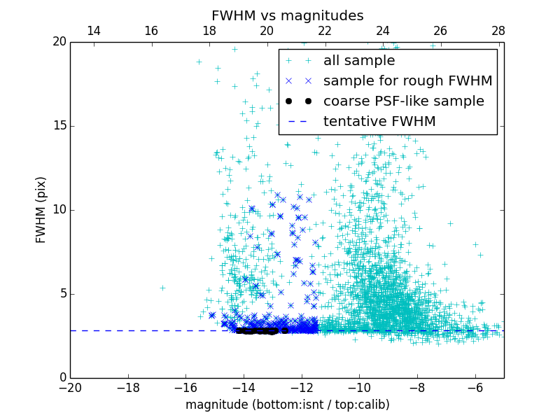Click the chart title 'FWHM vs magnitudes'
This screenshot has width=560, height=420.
point(287,15)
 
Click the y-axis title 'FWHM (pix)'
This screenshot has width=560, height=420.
point(41,210)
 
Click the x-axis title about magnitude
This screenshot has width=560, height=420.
point(287,405)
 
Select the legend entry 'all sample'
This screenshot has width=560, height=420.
point(359,61)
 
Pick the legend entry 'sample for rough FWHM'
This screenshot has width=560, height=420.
point(407,81)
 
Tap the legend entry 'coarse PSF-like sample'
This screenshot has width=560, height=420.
point(403,101)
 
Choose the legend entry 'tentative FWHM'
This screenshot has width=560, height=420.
point(379,122)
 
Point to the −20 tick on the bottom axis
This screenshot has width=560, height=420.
point(70,387)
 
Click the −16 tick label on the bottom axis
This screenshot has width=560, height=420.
point(185,387)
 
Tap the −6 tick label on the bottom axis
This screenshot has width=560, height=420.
point(475,387)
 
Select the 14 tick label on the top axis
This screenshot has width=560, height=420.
point(93,31)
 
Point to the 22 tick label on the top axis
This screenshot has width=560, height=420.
point(325,31)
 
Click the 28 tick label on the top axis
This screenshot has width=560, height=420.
point(498,31)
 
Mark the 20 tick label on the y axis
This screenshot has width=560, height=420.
point(59,42)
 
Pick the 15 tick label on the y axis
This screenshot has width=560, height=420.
point(59,126)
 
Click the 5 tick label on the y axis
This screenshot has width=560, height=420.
point(62,294)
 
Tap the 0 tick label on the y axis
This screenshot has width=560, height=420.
point(62,378)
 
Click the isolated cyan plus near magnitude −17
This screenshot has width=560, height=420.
point(162,288)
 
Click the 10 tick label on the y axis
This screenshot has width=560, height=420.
point(59,210)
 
